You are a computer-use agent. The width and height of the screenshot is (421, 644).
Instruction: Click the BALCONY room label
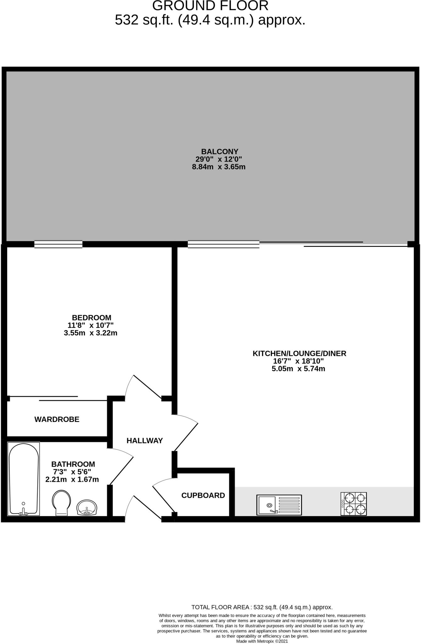tap(219, 151)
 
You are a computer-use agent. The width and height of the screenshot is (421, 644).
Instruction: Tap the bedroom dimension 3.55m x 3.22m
tap(91, 333)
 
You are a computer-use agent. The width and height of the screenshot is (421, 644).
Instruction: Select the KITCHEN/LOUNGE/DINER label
tap(299, 353)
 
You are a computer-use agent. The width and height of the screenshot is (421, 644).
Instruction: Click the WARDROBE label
tap(57, 419)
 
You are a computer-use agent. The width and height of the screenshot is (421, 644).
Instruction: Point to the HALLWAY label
tap(145, 441)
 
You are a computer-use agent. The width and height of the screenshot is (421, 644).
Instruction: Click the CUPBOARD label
tap(203, 496)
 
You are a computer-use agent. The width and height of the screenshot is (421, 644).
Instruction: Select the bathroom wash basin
tap(87, 507)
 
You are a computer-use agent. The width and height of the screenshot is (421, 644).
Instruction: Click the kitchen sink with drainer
tap(279, 505)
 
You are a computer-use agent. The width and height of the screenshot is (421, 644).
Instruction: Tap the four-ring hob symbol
tap(353, 504)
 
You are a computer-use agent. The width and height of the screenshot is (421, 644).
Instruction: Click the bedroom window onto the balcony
tap(58, 244)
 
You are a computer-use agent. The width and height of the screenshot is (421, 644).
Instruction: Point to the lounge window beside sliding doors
tap(224, 244)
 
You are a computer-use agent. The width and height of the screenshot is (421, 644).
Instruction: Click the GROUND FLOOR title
tap(210, 6)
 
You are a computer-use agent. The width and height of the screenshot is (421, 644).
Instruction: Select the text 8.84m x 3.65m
tap(219, 167)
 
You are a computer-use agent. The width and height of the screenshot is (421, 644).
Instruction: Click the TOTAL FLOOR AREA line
tap(262, 607)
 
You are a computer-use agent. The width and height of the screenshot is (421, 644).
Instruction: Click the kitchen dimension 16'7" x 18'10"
tap(298, 361)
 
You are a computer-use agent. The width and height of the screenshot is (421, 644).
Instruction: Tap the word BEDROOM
tap(91, 318)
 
